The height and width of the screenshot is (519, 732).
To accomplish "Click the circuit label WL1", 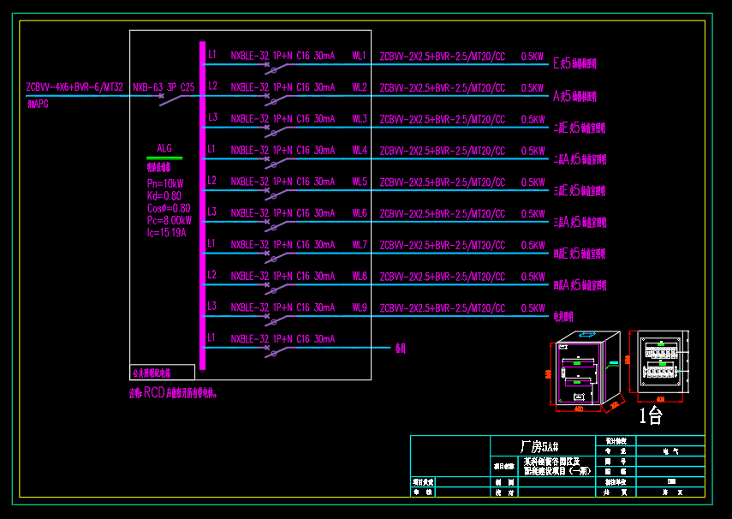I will (x=360, y=56).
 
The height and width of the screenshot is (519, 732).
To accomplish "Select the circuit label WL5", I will (x=360, y=182).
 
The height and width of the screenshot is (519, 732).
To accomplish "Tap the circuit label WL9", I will (x=360, y=307).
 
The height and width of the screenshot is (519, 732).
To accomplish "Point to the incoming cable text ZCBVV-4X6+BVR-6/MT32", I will (x=74, y=87).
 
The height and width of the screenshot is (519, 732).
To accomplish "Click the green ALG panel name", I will (x=164, y=149).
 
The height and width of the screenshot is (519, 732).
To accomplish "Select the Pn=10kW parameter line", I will (x=165, y=183).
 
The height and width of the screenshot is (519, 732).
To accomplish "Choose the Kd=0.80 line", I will (x=164, y=195).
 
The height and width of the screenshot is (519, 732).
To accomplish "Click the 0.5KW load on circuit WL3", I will (x=533, y=119).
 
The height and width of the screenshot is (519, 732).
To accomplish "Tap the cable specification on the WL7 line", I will (x=442, y=245).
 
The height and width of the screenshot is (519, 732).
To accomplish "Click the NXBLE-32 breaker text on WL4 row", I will (x=249, y=150).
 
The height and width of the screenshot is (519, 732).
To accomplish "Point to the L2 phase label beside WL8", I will (x=212, y=275).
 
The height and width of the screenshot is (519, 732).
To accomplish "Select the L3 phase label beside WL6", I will (x=212, y=212).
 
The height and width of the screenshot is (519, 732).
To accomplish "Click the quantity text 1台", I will (x=652, y=416).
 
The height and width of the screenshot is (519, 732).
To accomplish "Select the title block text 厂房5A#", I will (x=539, y=446).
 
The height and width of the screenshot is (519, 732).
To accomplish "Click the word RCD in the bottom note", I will (x=154, y=393).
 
